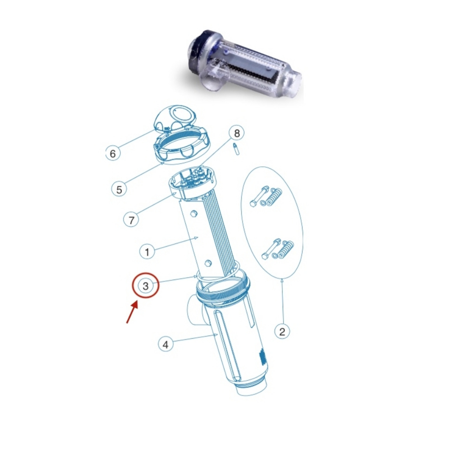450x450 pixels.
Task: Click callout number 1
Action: click(x=147, y=252)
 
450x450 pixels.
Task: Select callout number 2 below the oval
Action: click(x=282, y=331)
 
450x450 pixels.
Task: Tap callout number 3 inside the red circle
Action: click(x=146, y=286)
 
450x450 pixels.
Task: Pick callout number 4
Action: click(x=165, y=344)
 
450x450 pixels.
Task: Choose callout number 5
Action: click(x=119, y=189)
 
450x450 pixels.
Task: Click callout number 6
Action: click(x=113, y=153)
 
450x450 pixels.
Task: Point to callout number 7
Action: click(x=131, y=220)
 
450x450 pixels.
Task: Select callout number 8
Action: click(x=237, y=133)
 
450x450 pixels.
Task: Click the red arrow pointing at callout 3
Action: click(x=132, y=312)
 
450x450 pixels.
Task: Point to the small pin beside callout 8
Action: click(x=236, y=149)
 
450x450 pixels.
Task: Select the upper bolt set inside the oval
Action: click(x=266, y=197)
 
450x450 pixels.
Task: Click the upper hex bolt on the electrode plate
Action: click(x=194, y=213)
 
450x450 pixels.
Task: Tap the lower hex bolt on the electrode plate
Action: click(x=209, y=262)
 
